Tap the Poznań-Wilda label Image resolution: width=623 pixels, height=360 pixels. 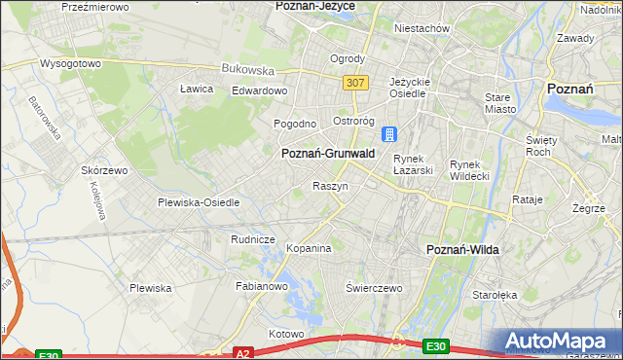tap(462, 250)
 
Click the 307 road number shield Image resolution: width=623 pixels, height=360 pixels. tap(355, 84)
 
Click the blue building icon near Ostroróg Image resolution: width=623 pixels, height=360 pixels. tap(389, 133)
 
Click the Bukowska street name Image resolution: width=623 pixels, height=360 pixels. tap(248, 70)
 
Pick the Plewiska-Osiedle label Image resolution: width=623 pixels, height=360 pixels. tap(199, 203)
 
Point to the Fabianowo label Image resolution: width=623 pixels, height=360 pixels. tap(262, 287)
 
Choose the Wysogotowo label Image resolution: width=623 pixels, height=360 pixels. tap(70, 63)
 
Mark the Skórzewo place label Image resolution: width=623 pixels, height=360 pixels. tap(105, 169)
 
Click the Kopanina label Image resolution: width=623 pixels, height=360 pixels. tap(309, 249)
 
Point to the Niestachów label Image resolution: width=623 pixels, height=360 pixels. tap(421, 28)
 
